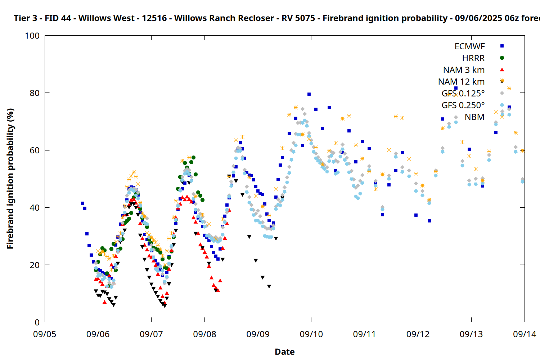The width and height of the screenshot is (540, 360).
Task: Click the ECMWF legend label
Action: click(x=469, y=46)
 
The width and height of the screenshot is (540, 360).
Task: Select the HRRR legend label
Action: click(x=473, y=58)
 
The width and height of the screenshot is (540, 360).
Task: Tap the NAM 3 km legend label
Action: click(x=464, y=70)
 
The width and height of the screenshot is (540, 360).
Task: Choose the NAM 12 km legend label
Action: click(x=461, y=82)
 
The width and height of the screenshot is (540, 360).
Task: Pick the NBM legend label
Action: click(x=474, y=117)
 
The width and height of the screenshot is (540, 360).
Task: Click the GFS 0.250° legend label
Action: click(x=463, y=105)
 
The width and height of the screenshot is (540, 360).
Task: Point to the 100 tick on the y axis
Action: click(x=32, y=36)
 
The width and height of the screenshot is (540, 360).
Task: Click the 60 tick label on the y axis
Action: click(x=35, y=150)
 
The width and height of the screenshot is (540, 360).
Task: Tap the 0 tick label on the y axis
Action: click(x=37, y=322)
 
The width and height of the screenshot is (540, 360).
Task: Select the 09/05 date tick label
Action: click(x=45, y=334)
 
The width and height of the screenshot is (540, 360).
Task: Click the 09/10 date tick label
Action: click(x=311, y=334)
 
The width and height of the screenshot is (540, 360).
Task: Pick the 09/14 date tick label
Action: click(x=525, y=334)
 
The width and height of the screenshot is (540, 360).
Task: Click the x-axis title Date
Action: click(x=285, y=352)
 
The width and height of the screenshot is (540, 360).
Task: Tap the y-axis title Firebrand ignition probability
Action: click(x=10, y=179)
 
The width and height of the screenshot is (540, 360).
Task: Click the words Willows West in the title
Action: click(x=106, y=18)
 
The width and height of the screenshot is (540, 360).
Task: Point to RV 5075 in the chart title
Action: click(x=298, y=18)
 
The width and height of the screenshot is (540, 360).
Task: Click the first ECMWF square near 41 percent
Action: click(x=82, y=203)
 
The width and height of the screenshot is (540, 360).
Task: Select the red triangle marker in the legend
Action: click(x=502, y=70)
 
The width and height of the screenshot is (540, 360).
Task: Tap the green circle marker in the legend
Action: click(x=502, y=58)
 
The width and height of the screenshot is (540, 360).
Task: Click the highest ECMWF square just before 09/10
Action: click(x=309, y=94)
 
